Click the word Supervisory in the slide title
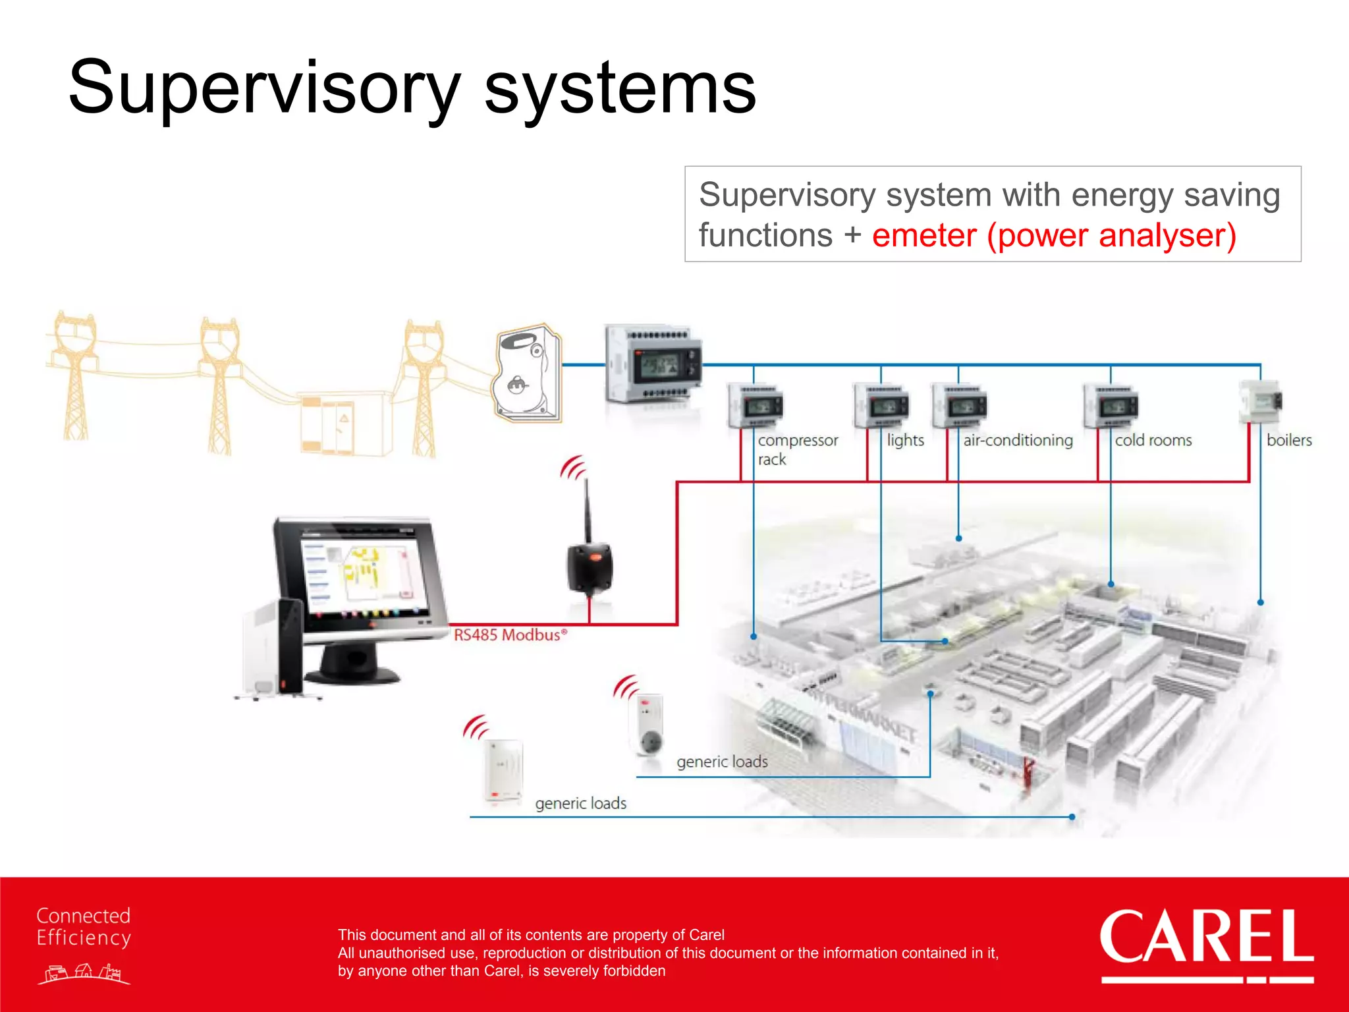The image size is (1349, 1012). tap(263, 89)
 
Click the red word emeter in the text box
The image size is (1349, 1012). tap(924, 236)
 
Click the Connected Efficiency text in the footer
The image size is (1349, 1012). tap(84, 927)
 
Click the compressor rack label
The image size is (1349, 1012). tap(797, 449)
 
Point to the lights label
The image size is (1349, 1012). tap(905, 440)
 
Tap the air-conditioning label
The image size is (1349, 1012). tap(1018, 440)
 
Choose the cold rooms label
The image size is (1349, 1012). tap(1153, 440)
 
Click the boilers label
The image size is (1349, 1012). tap(1289, 440)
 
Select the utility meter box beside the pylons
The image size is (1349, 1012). tap(528, 373)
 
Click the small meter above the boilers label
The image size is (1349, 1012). tap(1261, 401)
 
